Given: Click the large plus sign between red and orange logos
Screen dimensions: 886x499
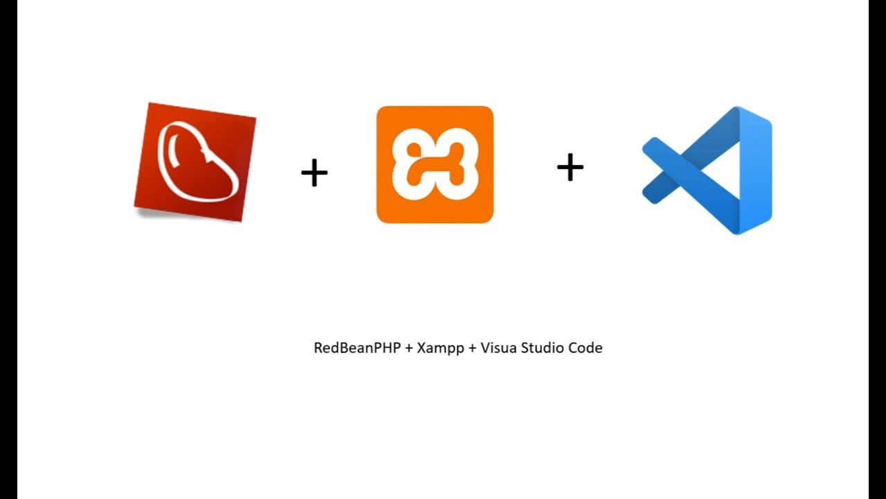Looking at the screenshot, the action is pyautogui.click(x=314, y=173).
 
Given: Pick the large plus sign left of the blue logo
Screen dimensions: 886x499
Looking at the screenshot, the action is pyautogui.click(x=570, y=168).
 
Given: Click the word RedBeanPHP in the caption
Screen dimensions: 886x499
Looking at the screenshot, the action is pyautogui.click(x=357, y=348).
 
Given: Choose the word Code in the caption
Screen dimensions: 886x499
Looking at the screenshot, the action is pyautogui.click(x=586, y=348).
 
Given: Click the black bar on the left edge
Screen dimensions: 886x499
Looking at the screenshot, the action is pyautogui.click(x=8, y=249).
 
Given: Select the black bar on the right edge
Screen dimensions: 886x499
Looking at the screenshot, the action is pyautogui.click(x=877, y=249).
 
